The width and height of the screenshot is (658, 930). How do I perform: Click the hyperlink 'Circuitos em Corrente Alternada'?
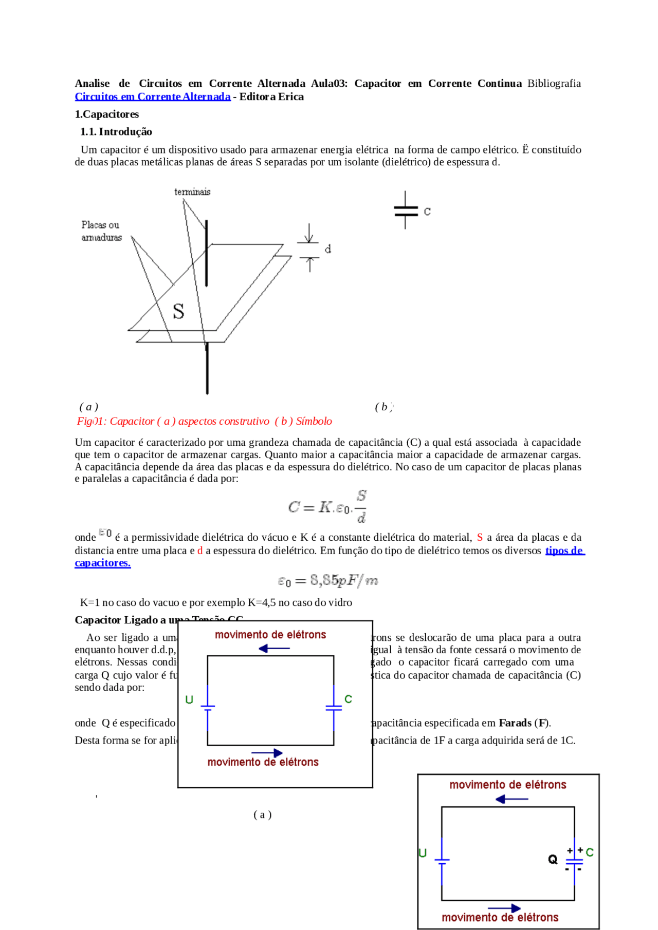(153, 97)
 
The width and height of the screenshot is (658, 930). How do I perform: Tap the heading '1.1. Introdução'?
(116, 131)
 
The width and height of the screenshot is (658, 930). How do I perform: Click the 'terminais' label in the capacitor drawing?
(192, 192)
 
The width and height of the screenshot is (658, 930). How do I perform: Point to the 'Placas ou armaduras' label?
(101, 231)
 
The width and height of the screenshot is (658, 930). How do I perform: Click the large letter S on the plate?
(178, 311)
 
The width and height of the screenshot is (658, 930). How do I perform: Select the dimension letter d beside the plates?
(328, 249)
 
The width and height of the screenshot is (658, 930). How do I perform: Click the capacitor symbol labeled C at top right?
(406, 211)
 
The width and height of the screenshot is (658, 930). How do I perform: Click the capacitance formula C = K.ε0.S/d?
(327, 507)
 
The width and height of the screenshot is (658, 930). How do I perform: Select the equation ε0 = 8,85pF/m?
(327, 581)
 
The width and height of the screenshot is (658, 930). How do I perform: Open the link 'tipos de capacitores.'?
(564, 551)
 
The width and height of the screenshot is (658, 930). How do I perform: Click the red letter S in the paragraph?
(480, 537)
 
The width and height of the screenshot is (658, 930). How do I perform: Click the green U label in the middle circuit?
(189, 699)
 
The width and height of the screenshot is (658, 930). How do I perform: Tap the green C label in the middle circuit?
(348, 699)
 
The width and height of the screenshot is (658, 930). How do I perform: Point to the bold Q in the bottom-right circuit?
(553, 859)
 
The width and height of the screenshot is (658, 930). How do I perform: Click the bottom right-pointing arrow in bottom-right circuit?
(504, 908)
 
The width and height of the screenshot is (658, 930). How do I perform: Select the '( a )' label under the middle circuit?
(262, 814)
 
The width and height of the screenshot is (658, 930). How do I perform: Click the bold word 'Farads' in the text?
(515, 723)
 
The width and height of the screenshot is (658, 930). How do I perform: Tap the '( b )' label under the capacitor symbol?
(383, 407)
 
